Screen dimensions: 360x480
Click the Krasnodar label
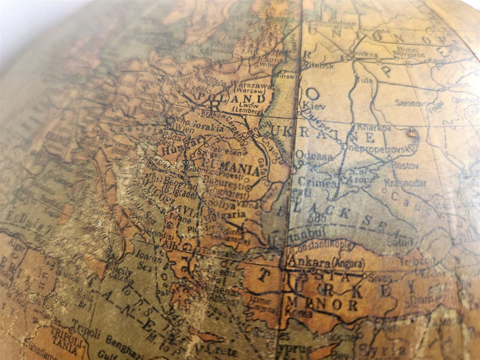[405, 183]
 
